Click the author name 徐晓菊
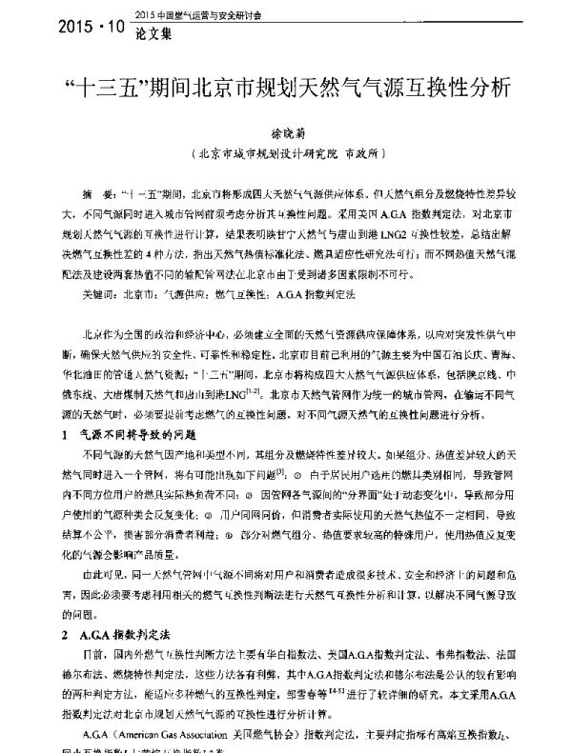pos(285,138)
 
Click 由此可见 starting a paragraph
pos(97,550)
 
